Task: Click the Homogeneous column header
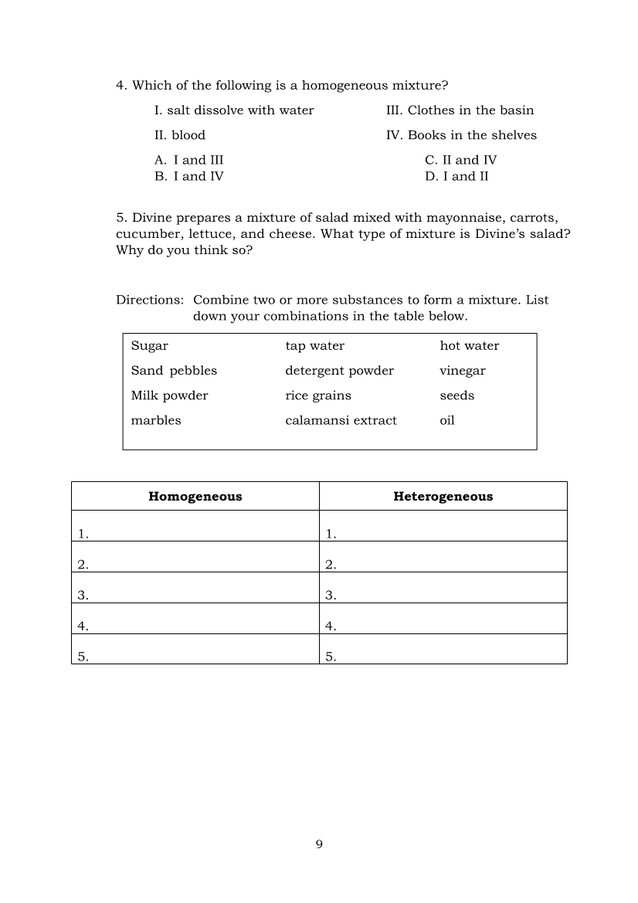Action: pyautogui.click(x=195, y=497)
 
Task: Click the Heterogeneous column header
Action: pyautogui.click(x=443, y=497)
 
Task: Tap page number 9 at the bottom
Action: pyautogui.click(x=319, y=844)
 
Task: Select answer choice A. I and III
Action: pyautogui.click(x=189, y=160)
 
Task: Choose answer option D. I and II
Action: pyautogui.click(x=456, y=176)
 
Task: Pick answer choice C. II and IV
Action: pyautogui.click(x=460, y=160)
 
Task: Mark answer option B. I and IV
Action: pyautogui.click(x=189, y=176)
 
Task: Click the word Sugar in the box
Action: pyautogui.click(x=149, y=345)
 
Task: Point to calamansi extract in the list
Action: pyautogui.click(x=341, y=420)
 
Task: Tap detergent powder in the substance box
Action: pyautogui.click(x=339, y=371)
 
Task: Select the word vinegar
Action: pyautogui.click(x=463, y=371)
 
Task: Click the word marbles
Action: pyautogui.click(x=156, y=420)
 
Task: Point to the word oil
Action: pyautogui.click(x=447, y=420)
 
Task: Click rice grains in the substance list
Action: pyautogui.click(x=318, y=395)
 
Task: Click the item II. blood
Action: pyautogui.click(x=180, y=135)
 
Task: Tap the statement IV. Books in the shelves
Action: pyautogui.click(x=461, y=135)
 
